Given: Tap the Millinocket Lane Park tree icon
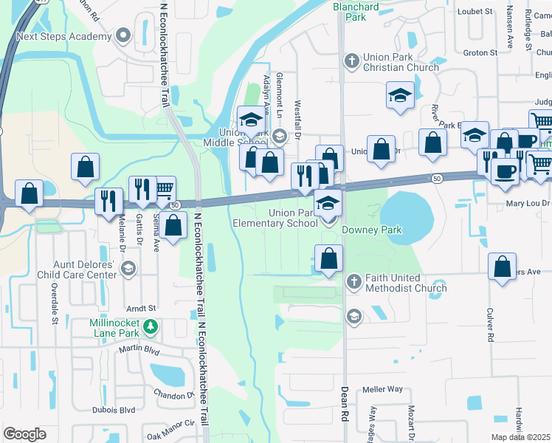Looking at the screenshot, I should tap(151, 326).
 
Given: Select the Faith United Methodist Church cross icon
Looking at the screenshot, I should tap(353, 281).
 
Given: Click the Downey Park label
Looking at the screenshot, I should tap(372, 230).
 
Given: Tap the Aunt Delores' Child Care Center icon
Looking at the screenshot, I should tap(128, 267).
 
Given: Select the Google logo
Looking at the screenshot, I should tap(24, 434).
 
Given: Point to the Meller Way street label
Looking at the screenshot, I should tap(382, 389).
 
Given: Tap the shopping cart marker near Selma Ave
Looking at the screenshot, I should tap(164, 188).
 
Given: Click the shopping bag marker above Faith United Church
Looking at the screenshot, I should tap(329, 258).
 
